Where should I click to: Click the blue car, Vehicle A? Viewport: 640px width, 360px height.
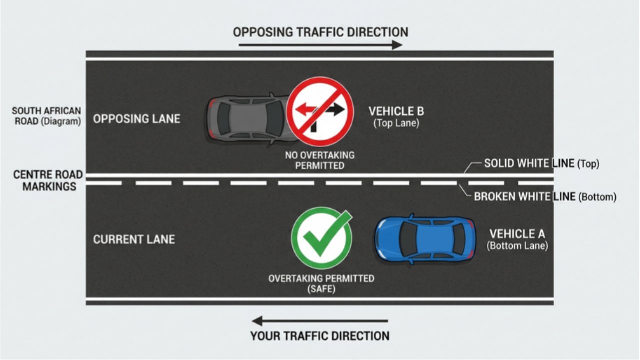(x=425, y=239)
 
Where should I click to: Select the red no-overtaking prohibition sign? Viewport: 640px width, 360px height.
(x=320, y=111)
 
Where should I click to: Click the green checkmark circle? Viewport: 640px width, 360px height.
(x=322, y=238)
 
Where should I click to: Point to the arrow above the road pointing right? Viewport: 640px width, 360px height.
(x=321, y=45)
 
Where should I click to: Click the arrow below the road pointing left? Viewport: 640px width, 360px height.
(x=320, y=321)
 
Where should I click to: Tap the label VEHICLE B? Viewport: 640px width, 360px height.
(x=396, y=111)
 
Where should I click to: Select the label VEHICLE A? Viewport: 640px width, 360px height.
(x=517, y=234)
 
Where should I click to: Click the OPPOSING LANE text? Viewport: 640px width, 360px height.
(x=137, y=119)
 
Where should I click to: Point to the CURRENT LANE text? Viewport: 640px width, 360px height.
(x=134, y=239)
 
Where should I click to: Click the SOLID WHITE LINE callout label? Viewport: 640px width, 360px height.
(x=541, y=163)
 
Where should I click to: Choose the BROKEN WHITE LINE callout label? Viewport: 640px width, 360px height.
(x=545, y=197)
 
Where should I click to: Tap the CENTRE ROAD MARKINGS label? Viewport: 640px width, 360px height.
(x=48, y=180)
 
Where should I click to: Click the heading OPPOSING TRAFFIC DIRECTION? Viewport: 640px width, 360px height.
(x=321, y=32)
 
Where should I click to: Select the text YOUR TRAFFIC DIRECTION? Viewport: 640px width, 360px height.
(x=320, y=336)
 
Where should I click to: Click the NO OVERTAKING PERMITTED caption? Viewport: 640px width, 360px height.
(x=320, y=160)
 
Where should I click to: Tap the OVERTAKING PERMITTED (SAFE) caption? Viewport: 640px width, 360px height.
(x=321, y=283)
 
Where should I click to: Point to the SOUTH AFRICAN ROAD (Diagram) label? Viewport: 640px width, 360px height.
(x=46, y=116)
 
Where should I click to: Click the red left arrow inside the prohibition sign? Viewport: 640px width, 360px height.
(x=305, y=109)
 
